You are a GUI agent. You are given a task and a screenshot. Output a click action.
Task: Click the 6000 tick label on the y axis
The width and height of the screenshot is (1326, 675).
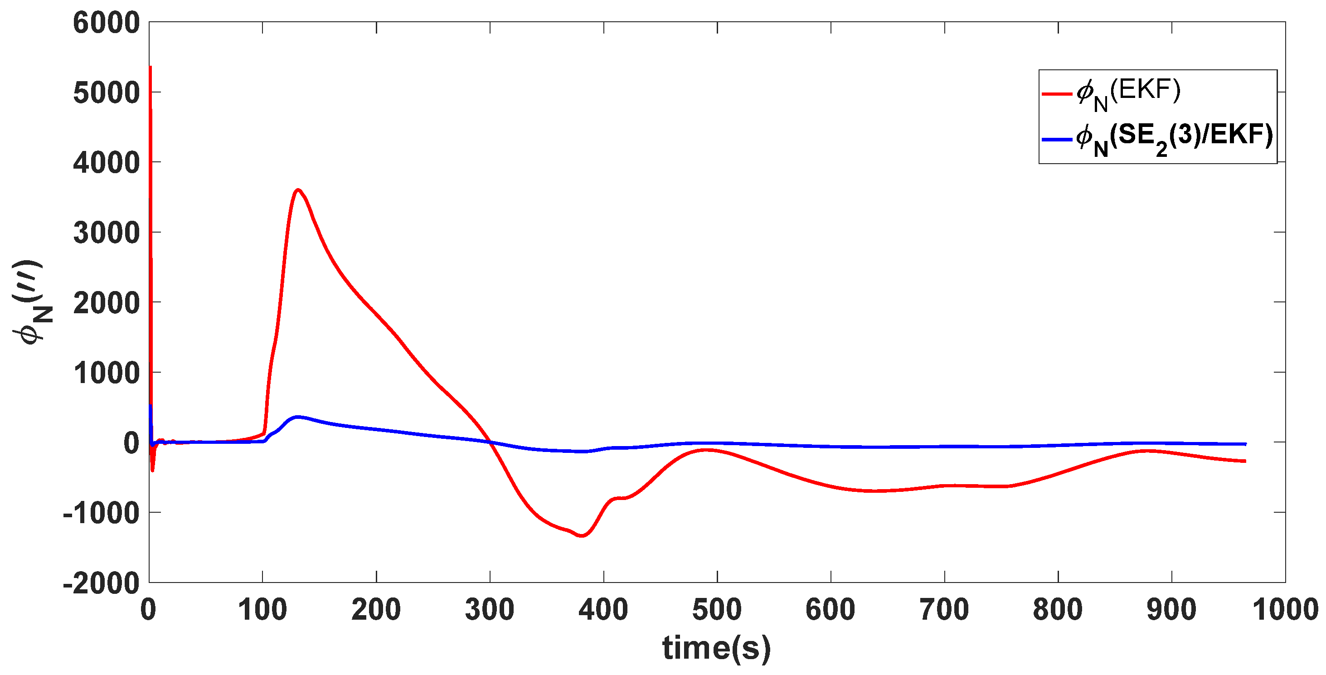click(x=107, y=23)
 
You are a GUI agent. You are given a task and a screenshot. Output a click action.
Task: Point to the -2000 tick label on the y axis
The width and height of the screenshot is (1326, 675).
click(x=102, y=583)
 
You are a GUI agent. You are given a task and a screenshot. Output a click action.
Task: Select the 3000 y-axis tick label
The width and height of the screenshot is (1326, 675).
click(x=107, y=233)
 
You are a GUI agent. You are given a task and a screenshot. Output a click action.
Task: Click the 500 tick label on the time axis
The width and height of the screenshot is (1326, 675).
click(x=717, y=610)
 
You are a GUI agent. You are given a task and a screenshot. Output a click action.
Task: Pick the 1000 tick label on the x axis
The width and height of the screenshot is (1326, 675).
click(x=1285, y=610)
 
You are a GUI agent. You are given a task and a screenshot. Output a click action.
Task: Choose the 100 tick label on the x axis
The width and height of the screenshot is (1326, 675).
click(x=262, y=610)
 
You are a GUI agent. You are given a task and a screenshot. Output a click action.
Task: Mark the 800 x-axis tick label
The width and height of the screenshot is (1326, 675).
click(x=1058, y=610)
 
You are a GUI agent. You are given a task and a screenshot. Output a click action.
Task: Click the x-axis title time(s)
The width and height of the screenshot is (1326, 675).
click(x=717, y=648)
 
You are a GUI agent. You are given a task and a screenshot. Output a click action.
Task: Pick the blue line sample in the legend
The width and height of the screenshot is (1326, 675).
click(x=1057, y=139)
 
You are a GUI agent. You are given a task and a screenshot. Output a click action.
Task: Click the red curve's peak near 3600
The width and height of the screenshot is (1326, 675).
click(x=298, y=189)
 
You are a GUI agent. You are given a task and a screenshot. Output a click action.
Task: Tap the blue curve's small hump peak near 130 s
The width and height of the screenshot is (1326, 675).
click(x=297, y=417)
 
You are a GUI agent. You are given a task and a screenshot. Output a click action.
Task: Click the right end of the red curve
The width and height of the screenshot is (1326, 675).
click(x=1245, y=461)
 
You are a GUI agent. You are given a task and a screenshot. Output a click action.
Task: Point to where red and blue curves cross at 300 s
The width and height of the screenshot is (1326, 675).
click(x=490, y=442)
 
